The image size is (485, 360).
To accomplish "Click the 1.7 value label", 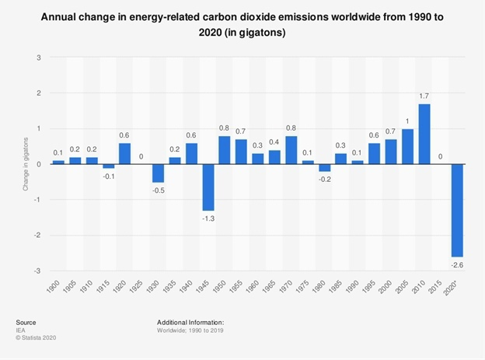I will [x=424, y=96].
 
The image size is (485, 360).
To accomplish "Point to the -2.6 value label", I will [x=457, y=264].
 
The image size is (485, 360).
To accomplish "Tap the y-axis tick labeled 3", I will [x=39, y=58].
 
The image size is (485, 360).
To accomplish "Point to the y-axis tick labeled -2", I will [x=37, y=236].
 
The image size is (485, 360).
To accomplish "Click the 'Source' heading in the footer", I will [x=26, y=321].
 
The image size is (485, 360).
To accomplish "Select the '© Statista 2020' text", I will [x=37, y=337].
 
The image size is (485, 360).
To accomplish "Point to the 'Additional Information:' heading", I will [x=190, y=321].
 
